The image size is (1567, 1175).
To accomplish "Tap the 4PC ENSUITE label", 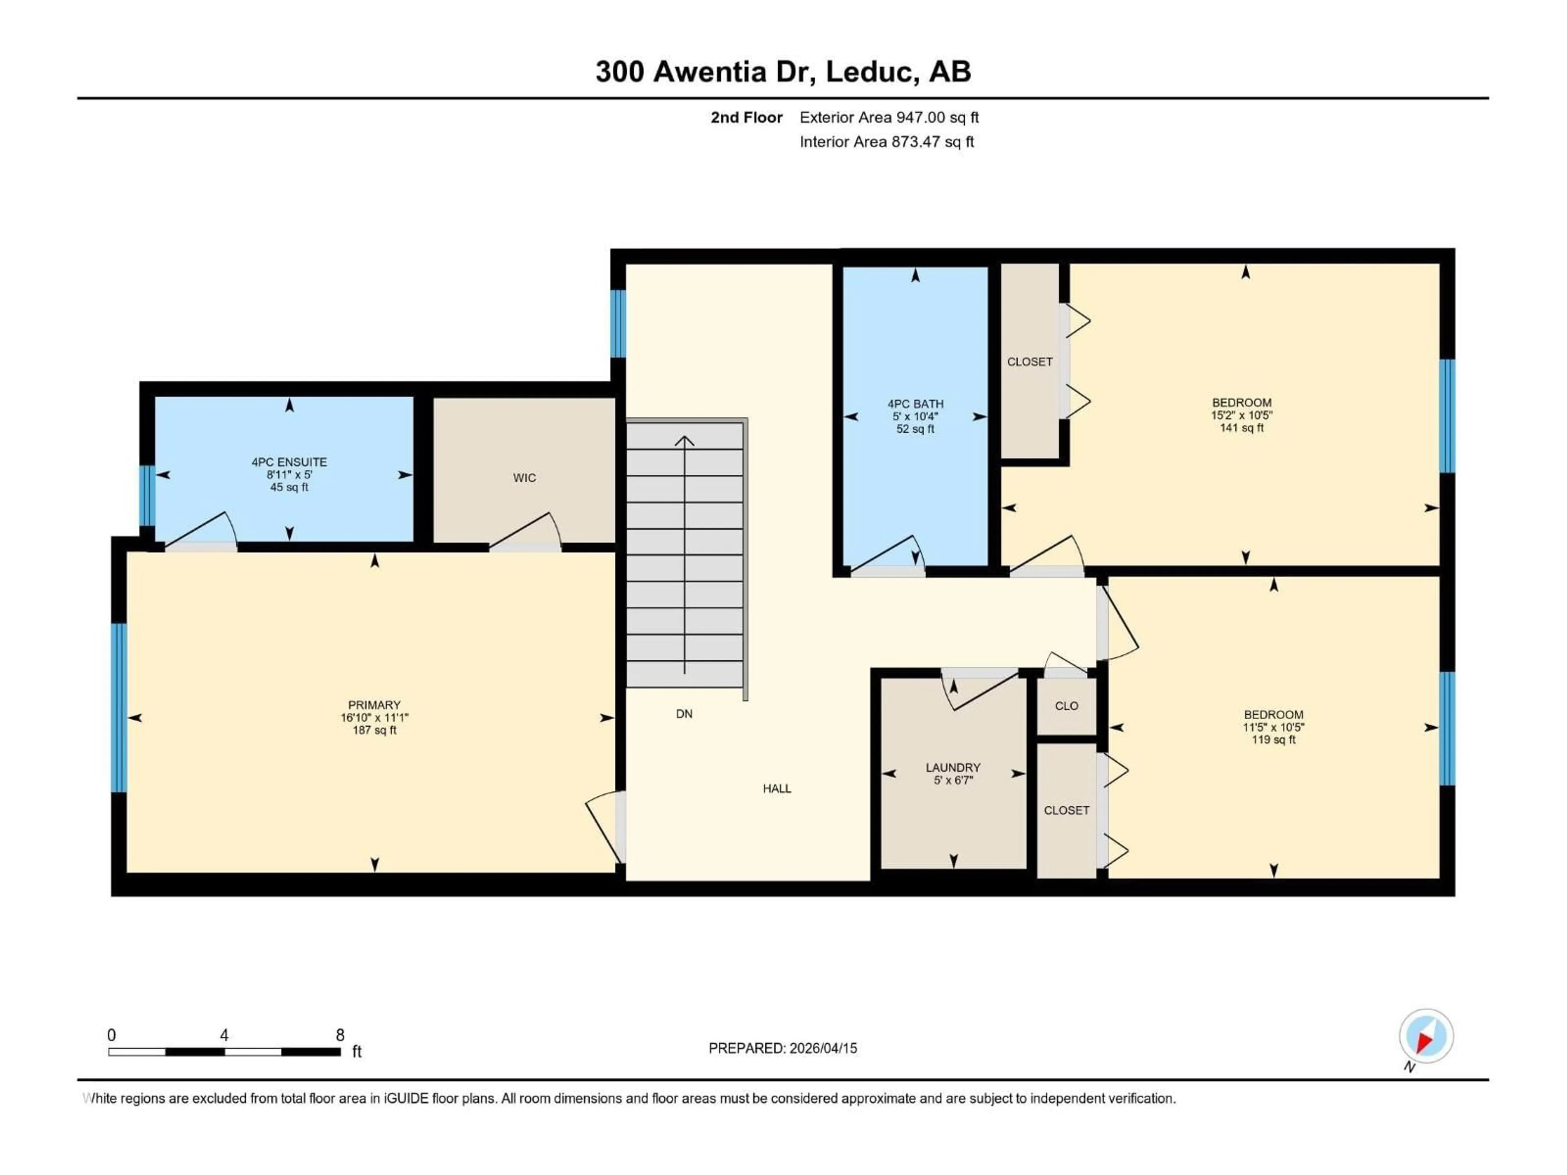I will [289, 462].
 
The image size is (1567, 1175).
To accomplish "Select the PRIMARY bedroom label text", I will [374, 705].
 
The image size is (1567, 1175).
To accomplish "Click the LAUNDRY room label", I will [953, 767].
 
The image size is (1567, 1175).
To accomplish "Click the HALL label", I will [777, 788].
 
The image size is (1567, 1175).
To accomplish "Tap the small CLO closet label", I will [1066, 706].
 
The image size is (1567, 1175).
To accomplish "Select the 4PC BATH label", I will [915, 404].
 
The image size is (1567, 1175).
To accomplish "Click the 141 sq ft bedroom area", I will [1241, 428].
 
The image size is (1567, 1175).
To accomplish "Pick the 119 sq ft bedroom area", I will [1273, 739].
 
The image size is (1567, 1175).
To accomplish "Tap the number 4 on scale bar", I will [224, 1035].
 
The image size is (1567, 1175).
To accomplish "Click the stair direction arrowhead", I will [684, 441].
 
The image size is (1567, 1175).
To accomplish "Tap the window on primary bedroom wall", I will [119, 707].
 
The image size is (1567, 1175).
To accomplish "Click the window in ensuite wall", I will [146, 495].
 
